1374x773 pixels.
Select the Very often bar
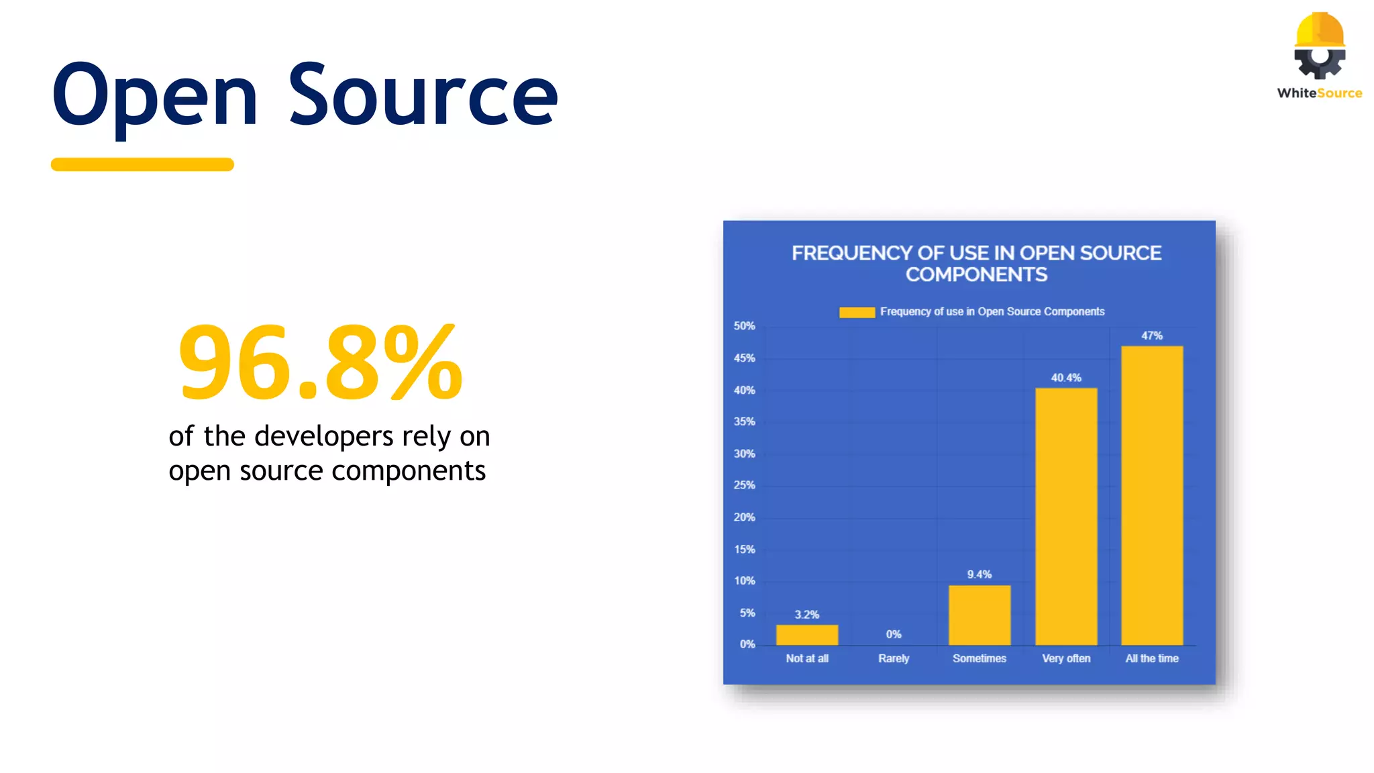(1066, 516)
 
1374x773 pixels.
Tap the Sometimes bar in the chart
(980, 615)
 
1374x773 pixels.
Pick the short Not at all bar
(807, 635)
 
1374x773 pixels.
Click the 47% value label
(1152, 336)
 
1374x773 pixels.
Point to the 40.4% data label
(1066, 378)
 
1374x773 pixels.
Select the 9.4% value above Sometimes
(980, 574)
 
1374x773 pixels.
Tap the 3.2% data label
(807, 615)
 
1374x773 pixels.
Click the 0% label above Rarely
(894, 634)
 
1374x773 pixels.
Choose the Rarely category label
(894, 658)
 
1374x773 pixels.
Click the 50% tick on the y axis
(744, 326)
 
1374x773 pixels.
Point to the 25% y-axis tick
(744, 485)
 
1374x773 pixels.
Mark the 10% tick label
(744, 581)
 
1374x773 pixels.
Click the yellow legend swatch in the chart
(857, 312)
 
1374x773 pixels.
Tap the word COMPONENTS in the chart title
(976, 274)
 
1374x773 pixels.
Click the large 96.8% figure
(321, 362)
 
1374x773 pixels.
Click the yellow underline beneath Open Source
(142, 164)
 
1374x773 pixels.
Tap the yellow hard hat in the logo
(1320, 30)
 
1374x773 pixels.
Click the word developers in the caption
(324, 436)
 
